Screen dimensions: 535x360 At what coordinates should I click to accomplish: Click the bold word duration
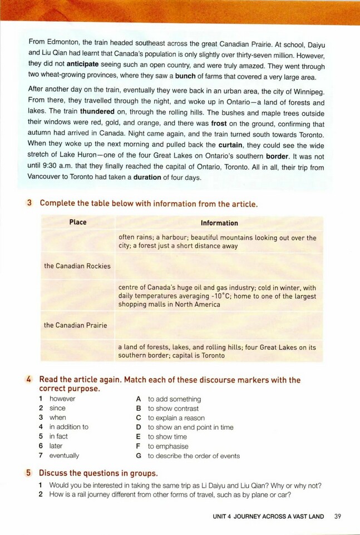click(x=147, y=177)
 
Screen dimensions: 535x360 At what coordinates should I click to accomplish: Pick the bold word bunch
click(x=186, y=77)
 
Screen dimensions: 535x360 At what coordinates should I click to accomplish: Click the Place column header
click(x=78, y=222)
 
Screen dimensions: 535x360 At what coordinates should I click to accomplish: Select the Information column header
click(x=219, y=223)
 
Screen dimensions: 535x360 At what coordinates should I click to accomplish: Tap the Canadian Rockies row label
click(x=77, y=266)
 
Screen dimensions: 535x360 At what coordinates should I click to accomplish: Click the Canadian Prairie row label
click(x=76, y=325)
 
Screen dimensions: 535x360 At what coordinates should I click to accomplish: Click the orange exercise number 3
click(x=29, y=204)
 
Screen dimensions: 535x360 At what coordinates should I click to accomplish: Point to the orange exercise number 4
click(x=29, y=380)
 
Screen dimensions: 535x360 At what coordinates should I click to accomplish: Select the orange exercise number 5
click(x=29, y=473)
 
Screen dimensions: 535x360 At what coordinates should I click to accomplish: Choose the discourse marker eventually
click(x=64, y=455)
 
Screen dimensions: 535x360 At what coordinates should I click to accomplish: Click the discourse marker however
click(x=62, y=399)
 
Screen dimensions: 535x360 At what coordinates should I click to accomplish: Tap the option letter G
click(x=139, y=455)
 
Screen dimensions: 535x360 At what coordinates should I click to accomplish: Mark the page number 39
click(x=338, y=517)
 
